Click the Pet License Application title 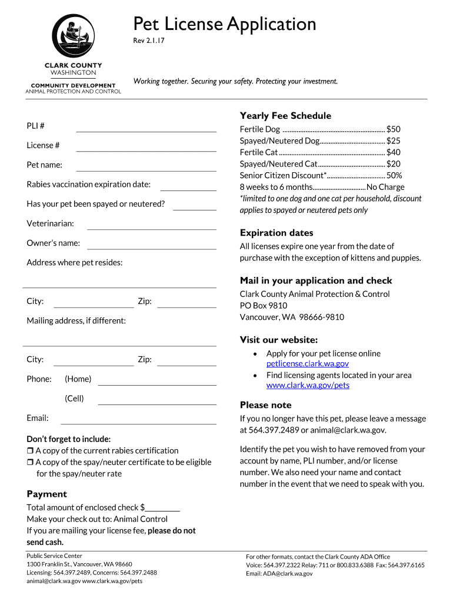[224, 24]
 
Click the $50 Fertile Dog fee [393, 129]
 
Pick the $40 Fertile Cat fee [393, 152]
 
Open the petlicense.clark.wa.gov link [308, 364]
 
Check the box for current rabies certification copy [30, 451]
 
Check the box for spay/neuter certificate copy [30, 463]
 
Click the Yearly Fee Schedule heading [285, 116]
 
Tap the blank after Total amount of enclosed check [162, 508]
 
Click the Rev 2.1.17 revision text [148, 42]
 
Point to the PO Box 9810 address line [264, 306]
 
